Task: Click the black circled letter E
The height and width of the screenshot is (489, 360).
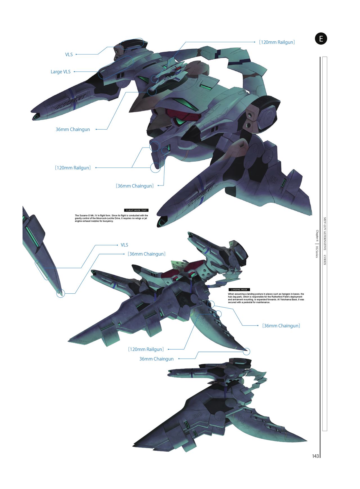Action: tap(321, 39)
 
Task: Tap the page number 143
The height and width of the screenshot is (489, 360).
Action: tap(315, 456)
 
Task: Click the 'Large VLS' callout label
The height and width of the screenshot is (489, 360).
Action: tap(60, 72)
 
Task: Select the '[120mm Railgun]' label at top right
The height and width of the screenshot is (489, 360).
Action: tap(277, 42)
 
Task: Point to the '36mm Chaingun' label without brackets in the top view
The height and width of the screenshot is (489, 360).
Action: tap(73, 129)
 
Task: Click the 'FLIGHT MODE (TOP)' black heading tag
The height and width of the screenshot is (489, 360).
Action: tap(136, 210)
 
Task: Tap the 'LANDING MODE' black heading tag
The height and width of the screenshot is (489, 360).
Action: tap(239, 289)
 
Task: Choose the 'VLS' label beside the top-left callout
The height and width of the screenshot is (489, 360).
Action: tap(69, 55)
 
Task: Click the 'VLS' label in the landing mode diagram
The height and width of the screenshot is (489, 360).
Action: tap(124, 245)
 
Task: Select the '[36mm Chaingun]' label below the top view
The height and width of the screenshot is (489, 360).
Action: tap(134, 186)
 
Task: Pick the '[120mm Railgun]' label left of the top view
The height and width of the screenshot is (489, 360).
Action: tap(73, 168)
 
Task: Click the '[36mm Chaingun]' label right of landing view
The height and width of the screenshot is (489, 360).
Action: tap(281, 326)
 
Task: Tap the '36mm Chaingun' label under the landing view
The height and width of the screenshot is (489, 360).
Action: tap(156, 359)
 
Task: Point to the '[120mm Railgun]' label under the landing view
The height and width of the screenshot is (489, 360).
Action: tap(146, 349)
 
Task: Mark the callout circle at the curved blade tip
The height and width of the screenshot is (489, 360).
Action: tap(246, 351)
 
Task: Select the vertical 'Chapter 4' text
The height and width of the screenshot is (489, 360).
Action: tap(317, 236)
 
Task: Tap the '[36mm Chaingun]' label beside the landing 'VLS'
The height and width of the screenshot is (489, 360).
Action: tap(146, 254)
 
